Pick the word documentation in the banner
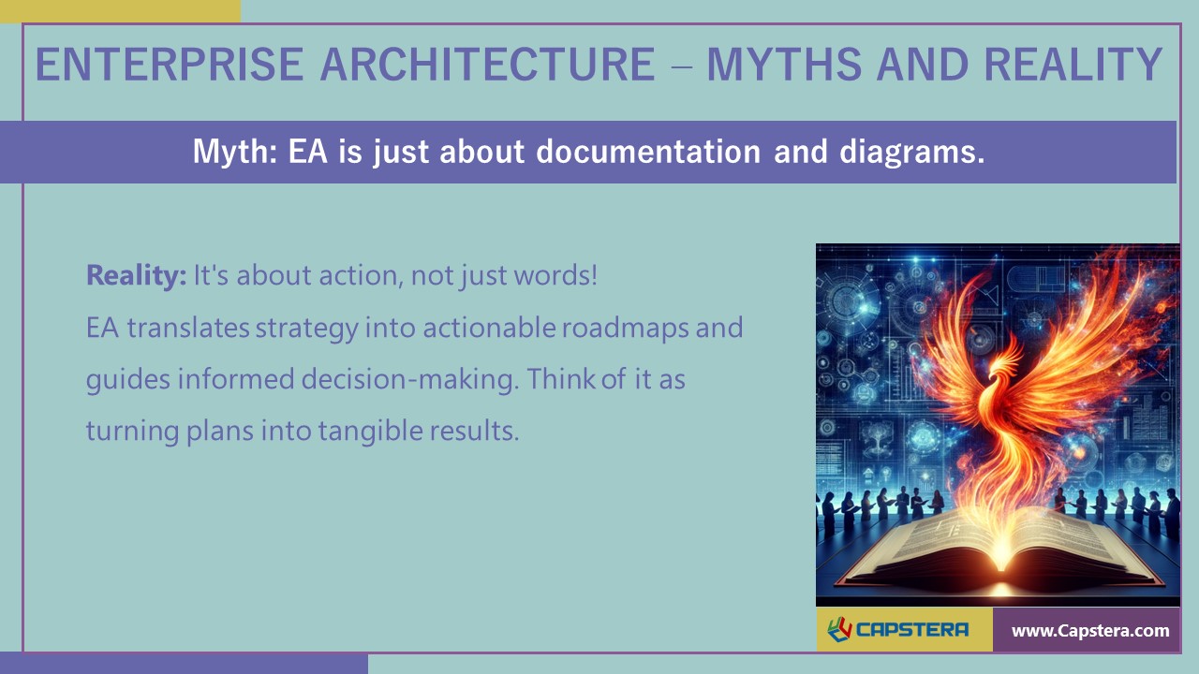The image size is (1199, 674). pyautogui.click(x=648, y=152)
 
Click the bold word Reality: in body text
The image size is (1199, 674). pyautogui.click(x=137, y=276)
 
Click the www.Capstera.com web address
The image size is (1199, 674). pyautogui.click(x=1090, y=631)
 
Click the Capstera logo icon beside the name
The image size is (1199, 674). pyautogui.click(x=838, y=630)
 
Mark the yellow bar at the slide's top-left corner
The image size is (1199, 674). pyautogui.click(x=120, y=10)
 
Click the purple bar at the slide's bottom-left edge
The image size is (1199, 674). pyautogui.click(x=184, y=664)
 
